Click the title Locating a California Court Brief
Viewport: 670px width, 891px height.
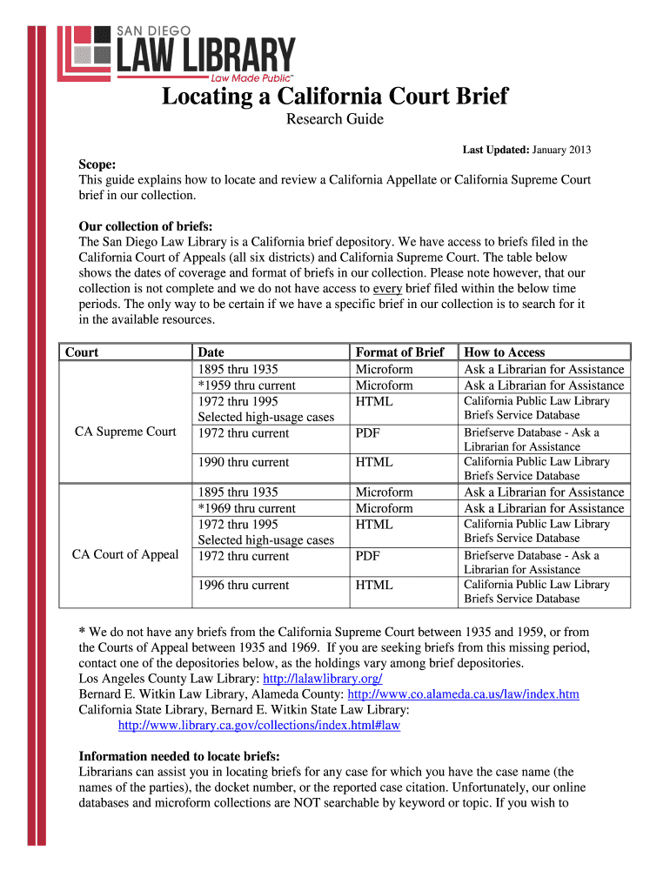(x=334, y=96)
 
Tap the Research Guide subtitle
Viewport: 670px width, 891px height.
(x=335, y=119)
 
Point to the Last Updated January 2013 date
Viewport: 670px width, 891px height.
(x=526, y=150)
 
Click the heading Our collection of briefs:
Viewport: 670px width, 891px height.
(x=145, y=225)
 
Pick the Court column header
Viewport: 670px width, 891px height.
(x=82, y=352)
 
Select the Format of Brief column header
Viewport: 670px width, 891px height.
(x=399, y=352)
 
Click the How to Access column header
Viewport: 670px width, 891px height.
(x=505, y=352)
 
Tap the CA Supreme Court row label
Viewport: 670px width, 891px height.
(x=125, y=432)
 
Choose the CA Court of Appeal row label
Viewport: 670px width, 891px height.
(x=125, y=554)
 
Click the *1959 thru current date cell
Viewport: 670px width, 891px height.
(x=247, y=385)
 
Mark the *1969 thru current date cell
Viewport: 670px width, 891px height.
(x=247, y=508)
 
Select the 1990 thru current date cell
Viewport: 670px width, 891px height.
(x=244, y=462)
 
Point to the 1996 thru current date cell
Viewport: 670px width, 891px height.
(x=244, y=585)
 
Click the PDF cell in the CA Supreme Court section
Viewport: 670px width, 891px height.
(x=366, y=432)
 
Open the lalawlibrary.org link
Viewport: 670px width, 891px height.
(x=322, y=679)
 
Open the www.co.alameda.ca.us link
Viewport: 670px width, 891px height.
(x=463, y=694)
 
